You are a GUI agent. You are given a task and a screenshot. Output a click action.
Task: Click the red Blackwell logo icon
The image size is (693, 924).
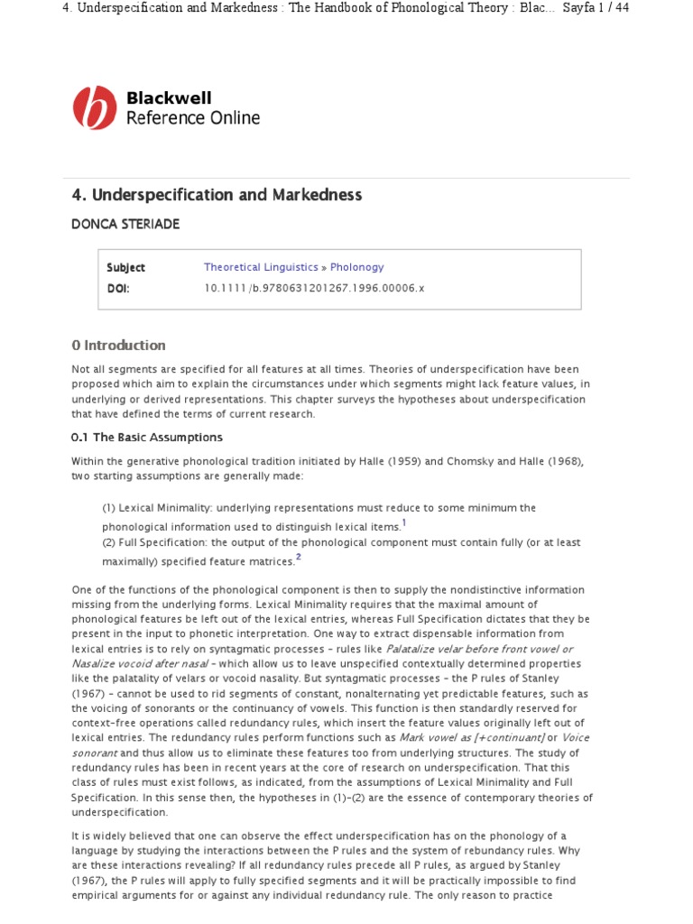95,107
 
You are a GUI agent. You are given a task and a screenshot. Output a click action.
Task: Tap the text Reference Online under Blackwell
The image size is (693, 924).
192,118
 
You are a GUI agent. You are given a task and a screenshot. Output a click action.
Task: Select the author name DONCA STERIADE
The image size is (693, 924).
125,225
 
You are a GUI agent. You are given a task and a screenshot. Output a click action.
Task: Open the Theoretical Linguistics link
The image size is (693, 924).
261,267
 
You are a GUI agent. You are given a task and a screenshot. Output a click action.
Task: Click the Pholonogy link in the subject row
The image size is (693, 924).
356,267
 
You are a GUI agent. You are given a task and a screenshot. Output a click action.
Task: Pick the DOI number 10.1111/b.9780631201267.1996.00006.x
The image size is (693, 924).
314,288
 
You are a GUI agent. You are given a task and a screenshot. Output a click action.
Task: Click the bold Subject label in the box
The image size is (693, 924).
125,267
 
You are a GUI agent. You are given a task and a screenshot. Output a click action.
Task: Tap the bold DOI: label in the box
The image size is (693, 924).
119,288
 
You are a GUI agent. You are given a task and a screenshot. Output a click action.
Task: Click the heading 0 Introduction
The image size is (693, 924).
118,345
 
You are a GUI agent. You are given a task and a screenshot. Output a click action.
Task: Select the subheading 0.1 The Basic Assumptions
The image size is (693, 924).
146,437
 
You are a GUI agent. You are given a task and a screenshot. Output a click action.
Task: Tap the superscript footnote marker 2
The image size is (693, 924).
299,558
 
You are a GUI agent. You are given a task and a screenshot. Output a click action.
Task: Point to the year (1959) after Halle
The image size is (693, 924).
396,461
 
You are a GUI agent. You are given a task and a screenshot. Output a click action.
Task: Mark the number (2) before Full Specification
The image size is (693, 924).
110,542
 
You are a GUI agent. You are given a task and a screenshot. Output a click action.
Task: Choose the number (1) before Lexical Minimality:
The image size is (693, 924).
110,508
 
